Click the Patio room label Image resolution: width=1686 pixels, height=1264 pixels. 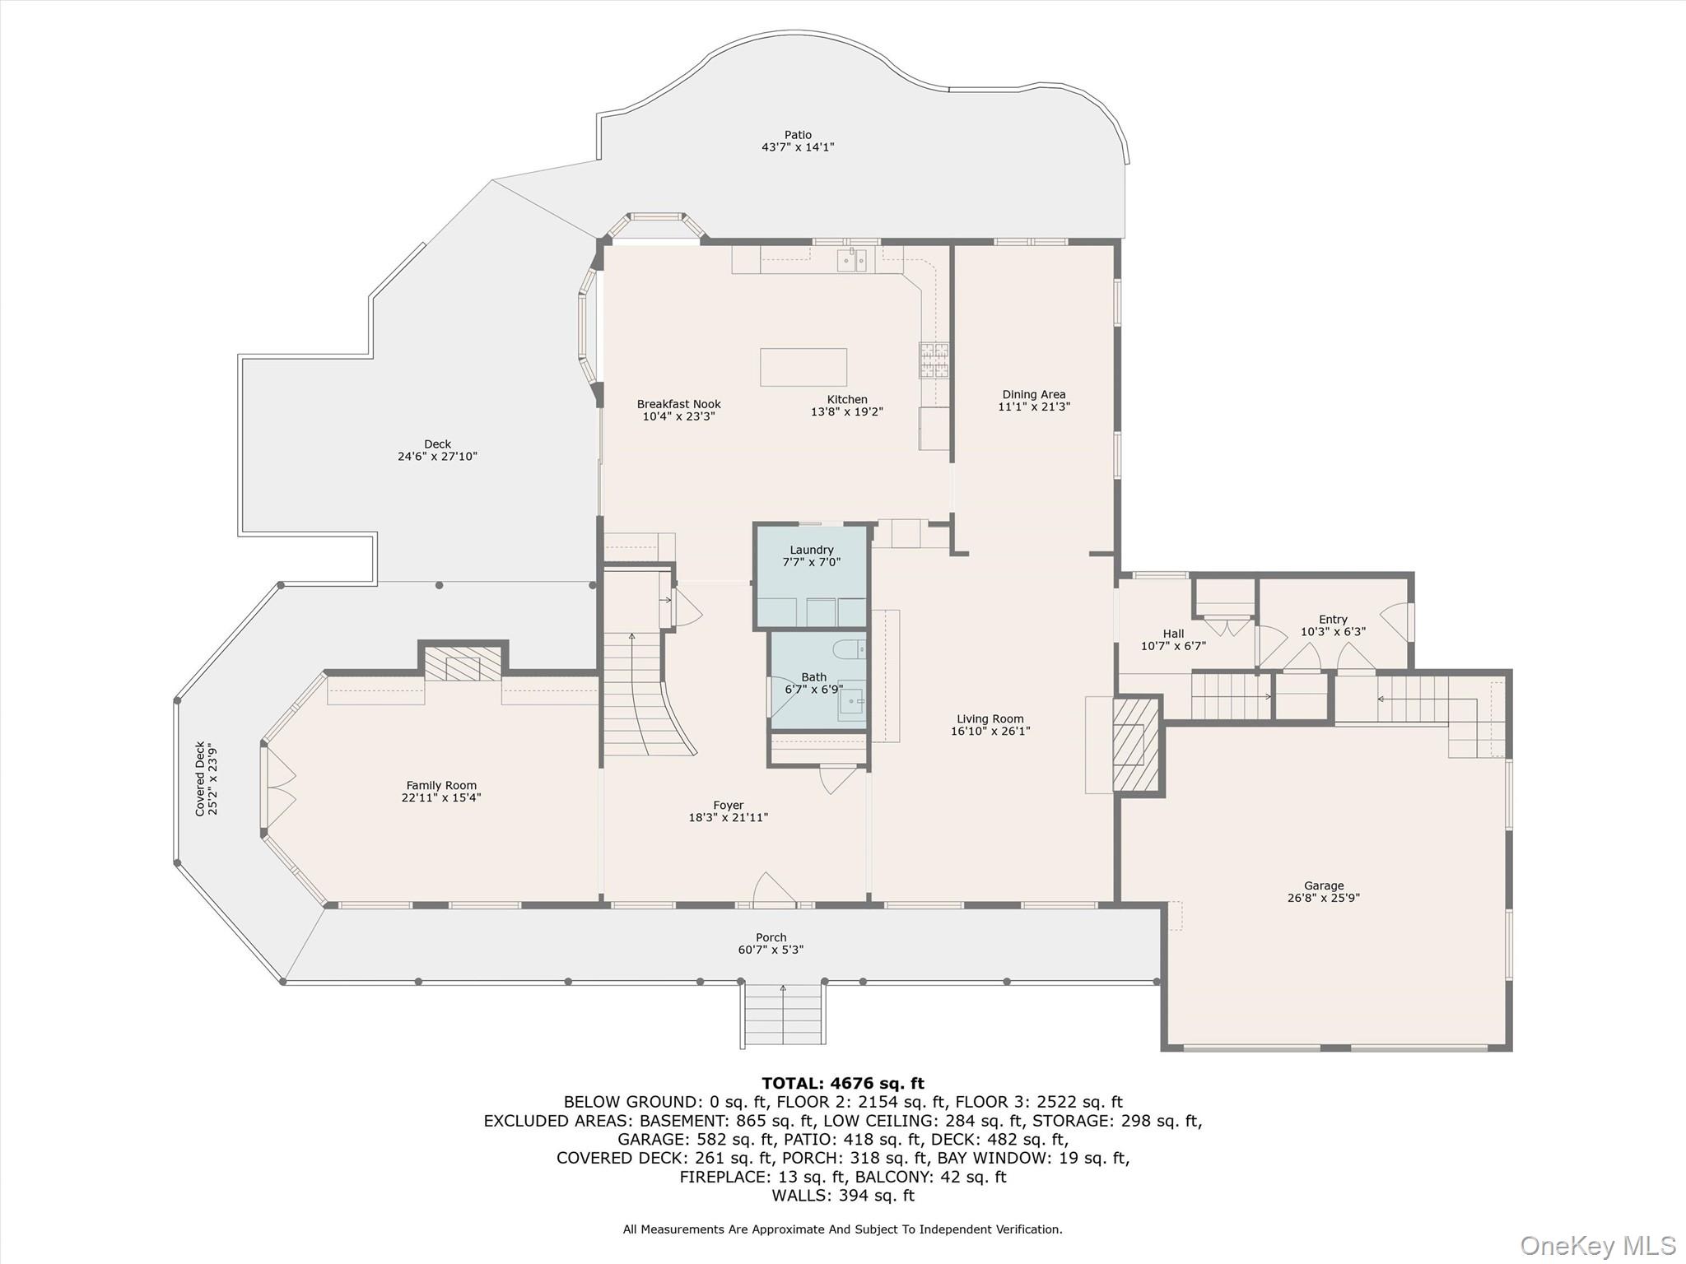coord(797,135)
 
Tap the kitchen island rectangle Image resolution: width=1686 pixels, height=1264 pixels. coord(803,367)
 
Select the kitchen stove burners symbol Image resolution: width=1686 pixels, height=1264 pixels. coord(934,360)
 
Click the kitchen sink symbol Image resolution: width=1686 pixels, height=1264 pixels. coord(851,260)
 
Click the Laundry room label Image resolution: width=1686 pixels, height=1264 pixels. coord(811,550)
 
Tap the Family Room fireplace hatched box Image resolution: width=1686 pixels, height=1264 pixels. coord(463,665)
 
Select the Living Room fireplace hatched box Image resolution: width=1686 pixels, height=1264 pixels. coord(1135,745)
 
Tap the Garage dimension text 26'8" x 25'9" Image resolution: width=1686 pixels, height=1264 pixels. coord(1323,898)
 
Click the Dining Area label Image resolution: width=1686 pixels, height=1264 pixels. coord(1033,394)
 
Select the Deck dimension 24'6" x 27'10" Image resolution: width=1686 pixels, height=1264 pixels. coord(437,456)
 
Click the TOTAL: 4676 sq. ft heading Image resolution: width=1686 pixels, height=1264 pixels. coord(842,1083)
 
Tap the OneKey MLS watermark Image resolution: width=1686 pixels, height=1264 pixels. coord(1597,1245)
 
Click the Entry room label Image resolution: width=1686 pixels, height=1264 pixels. coord(1333,620)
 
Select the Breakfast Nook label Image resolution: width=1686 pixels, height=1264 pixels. coord(678,404)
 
